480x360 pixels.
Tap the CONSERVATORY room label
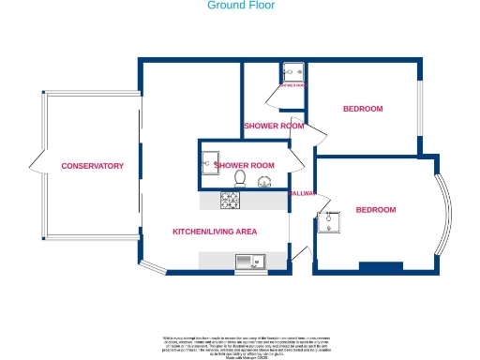(x=92, y=166)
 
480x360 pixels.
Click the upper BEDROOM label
(x=362, y=110)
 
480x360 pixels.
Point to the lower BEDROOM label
(x=375, y=210)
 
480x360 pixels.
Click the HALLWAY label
(x=303, y=194)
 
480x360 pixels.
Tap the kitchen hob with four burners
(x=231, y=200)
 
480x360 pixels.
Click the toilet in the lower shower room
(x=241, y=178)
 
